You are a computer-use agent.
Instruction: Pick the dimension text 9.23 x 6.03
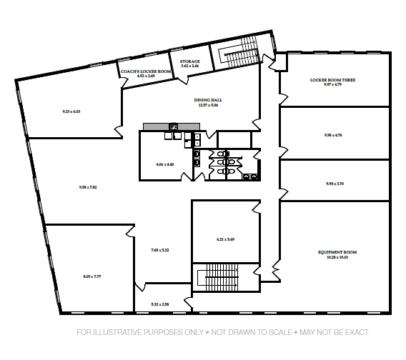tap(71, 111)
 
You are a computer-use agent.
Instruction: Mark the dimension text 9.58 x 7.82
tap(88, 187)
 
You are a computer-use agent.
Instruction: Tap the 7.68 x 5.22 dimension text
tap(159, 250)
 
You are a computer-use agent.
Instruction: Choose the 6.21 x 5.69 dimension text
tap(225, 239)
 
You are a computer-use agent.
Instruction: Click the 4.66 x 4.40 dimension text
tap(164, 164)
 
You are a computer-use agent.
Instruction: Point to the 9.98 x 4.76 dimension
tap(333, 135)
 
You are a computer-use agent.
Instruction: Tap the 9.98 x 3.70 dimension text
tap(335, 184)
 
